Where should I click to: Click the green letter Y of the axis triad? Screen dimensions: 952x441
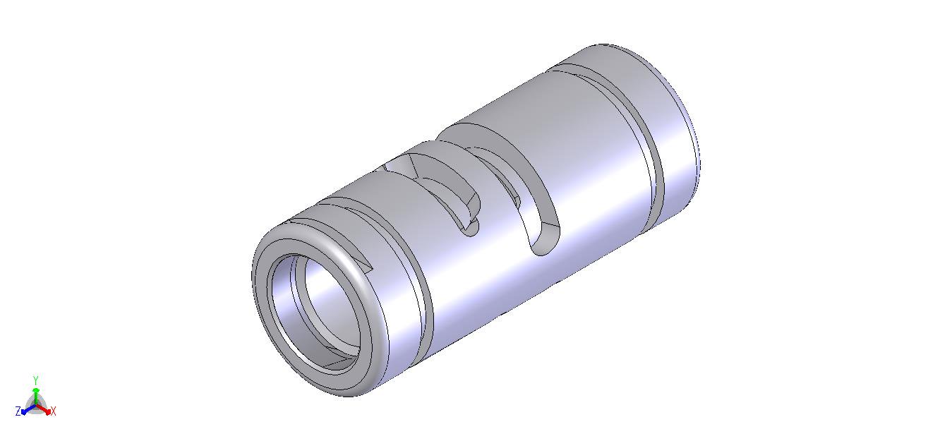coord(36,380)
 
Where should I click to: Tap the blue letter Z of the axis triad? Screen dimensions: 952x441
coord(18,411)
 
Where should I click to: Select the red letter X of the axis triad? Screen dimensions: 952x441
coord(53,411)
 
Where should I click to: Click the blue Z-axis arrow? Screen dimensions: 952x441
coord(28,409)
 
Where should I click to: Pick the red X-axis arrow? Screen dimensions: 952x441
coord(43,409)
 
